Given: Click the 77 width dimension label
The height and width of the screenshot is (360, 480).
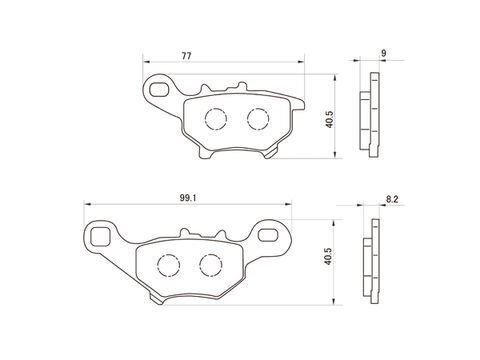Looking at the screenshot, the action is (186, 56).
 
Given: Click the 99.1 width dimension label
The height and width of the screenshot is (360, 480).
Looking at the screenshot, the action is (188, 198).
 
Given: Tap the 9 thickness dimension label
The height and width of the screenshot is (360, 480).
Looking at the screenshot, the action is (384, 53).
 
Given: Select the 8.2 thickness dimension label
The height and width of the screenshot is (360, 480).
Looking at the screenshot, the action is (392, 199).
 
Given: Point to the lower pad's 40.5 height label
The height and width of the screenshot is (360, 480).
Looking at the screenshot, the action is (329, 256).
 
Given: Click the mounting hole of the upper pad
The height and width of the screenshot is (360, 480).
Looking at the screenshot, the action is (159, 90).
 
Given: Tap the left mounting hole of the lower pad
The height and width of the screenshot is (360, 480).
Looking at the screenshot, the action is (100, 237).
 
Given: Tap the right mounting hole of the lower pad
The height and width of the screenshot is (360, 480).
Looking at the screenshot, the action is (269, 235).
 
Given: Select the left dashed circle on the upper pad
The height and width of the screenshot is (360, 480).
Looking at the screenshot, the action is (216, 119).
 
